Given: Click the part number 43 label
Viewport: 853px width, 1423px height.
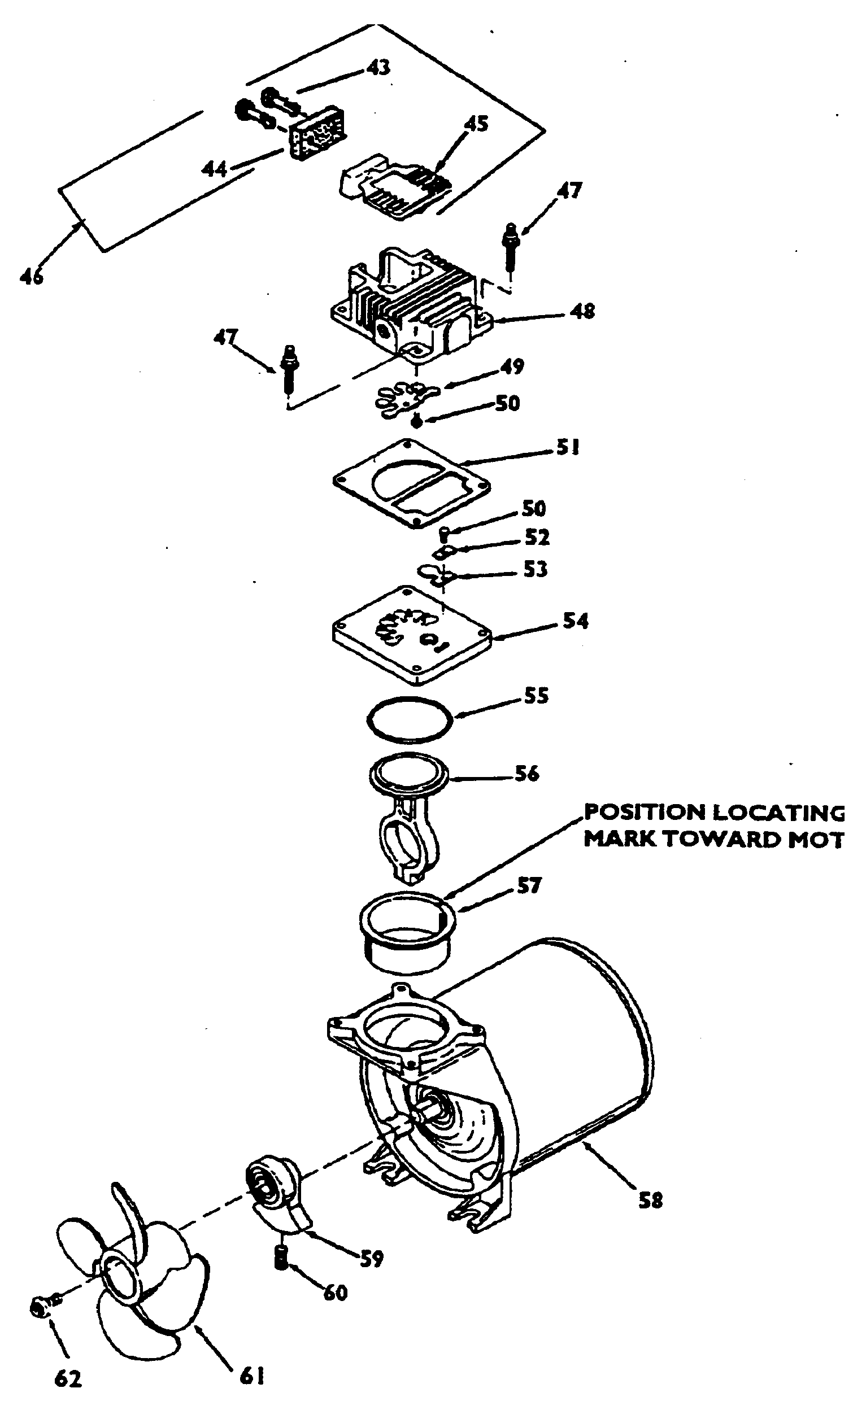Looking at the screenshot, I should [x=378, y=68].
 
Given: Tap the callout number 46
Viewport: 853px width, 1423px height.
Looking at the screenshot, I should [x=32, y=276].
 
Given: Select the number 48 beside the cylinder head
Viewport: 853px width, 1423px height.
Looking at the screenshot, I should [x=582, y=311].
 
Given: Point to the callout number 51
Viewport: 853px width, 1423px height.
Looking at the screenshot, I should [x=567, y=448].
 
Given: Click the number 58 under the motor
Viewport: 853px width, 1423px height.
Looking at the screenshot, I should [x=650, y=1200].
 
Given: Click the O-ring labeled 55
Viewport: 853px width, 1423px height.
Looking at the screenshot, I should [x=410, y=719].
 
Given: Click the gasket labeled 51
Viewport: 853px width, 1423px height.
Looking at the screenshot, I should [x=412, y=484].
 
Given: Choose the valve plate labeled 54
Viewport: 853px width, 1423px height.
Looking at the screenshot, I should [x=412, y=635].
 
